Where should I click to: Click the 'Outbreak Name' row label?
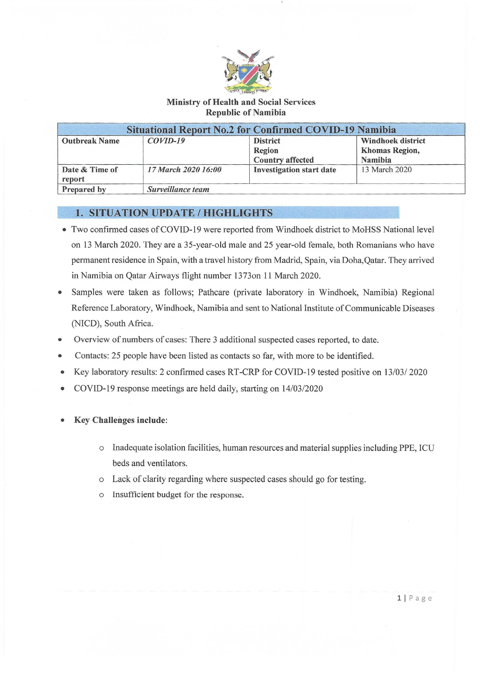(91, 141)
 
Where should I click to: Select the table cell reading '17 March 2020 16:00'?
(184, 170)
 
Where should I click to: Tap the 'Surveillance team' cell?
(178, 190)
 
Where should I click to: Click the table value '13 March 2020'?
(386, 170)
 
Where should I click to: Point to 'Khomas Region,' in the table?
(390, 151)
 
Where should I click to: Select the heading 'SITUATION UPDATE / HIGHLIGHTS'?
(181, 213)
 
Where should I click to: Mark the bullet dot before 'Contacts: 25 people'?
(60, 356)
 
